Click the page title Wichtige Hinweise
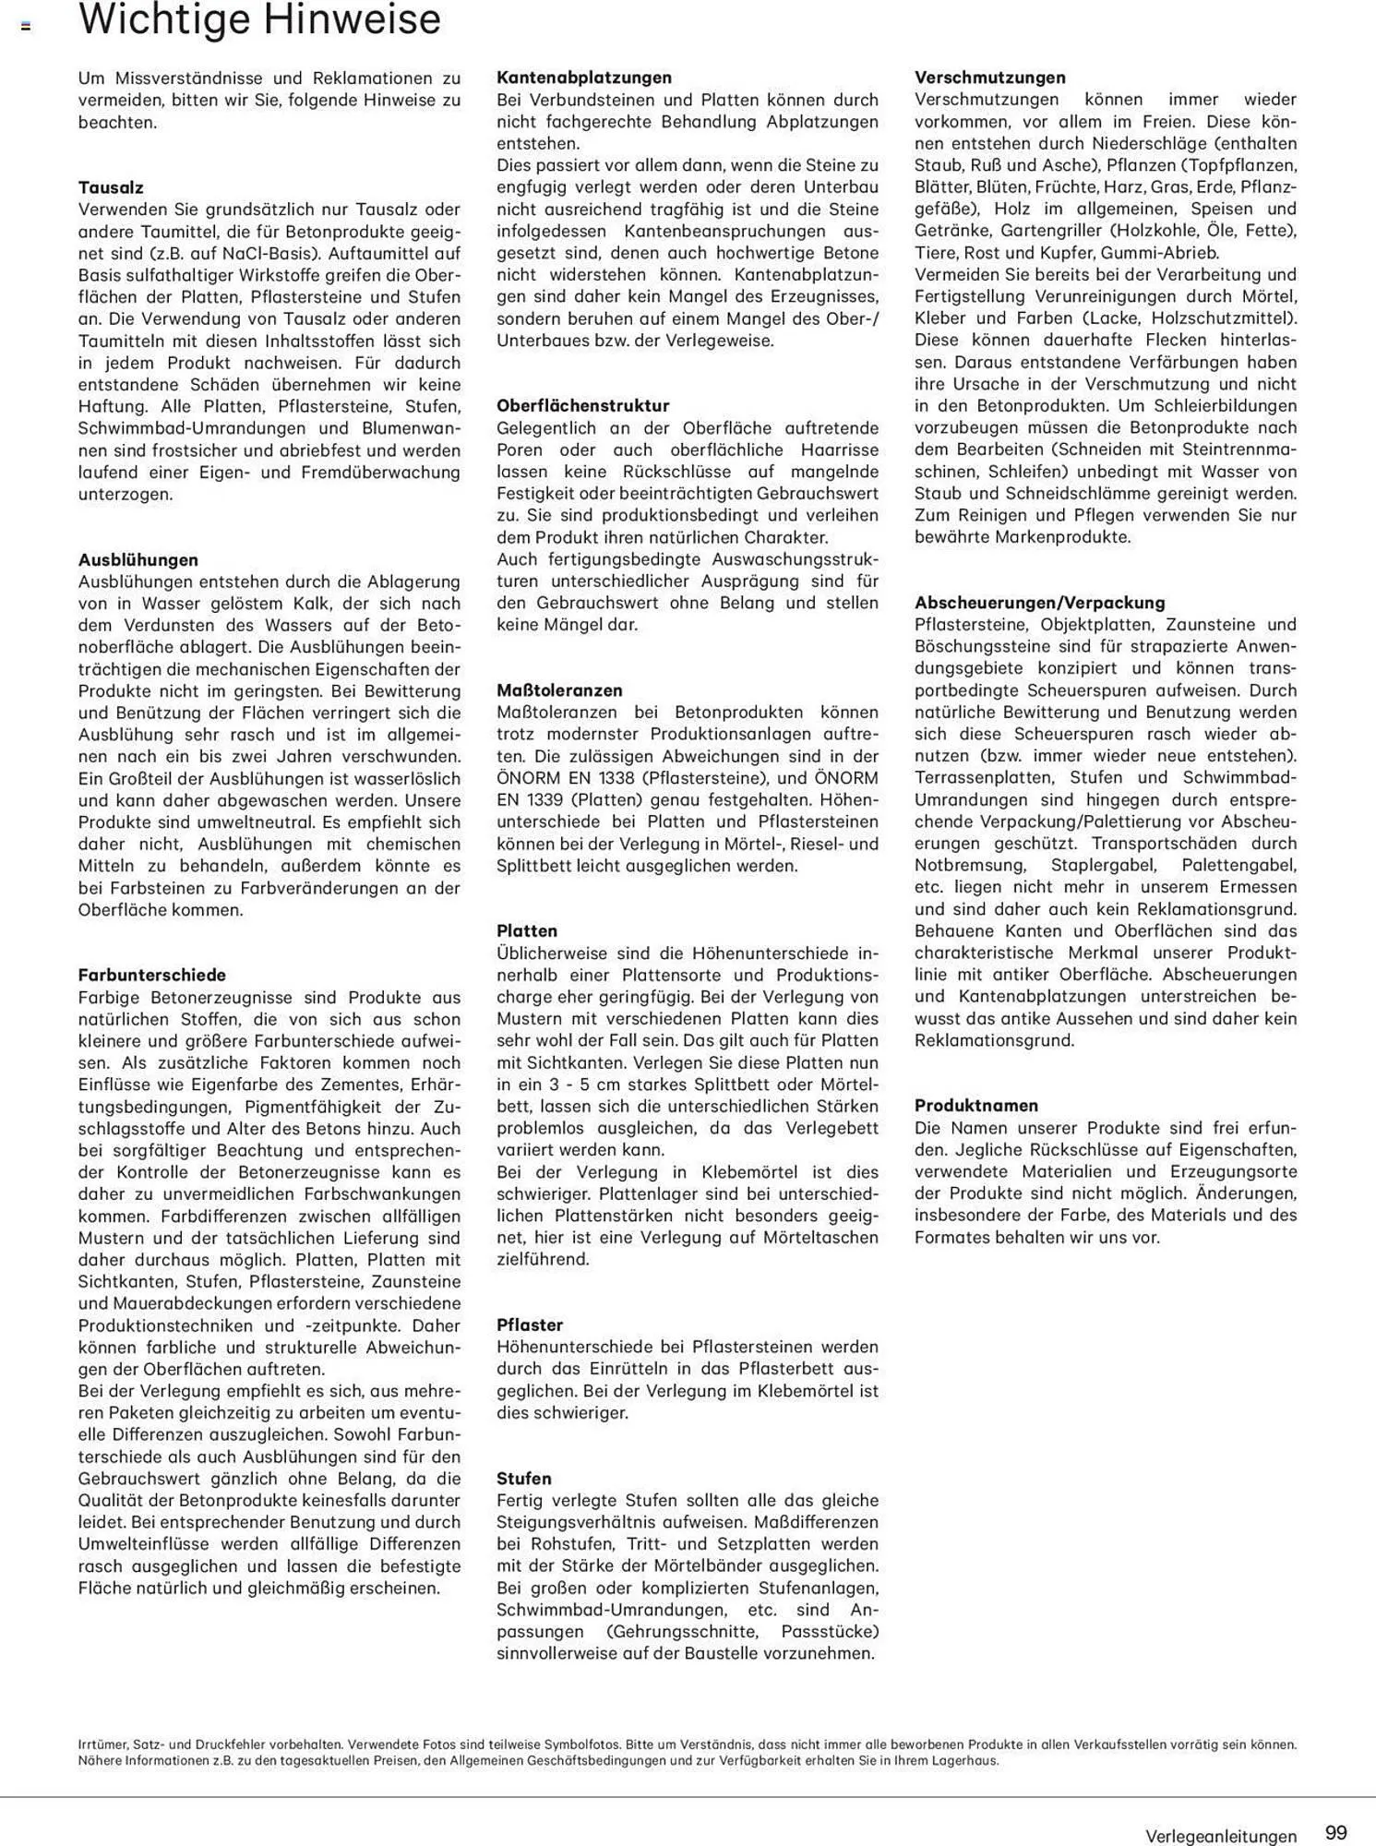point(259,20)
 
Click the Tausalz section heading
point(111,187)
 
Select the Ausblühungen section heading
point(138,559)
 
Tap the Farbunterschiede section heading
point(151,975)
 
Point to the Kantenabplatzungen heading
point(583,78)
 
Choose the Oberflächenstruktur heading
point(582,405)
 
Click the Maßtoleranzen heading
point(559,689)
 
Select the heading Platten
point(527,930)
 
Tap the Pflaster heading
point(529,1325)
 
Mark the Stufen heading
point(523,1478)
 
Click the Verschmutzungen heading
point(989,78)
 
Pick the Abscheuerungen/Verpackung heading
point(1039,603)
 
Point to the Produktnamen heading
point(976,1105)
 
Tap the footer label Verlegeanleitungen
point(1220,1836)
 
